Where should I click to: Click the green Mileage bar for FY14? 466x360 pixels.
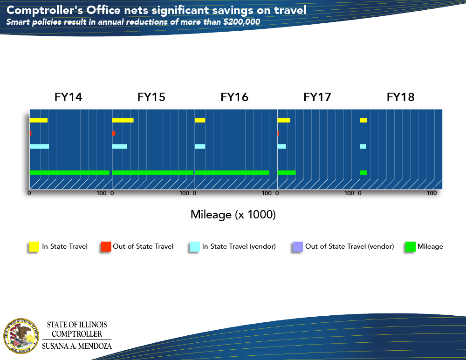69,173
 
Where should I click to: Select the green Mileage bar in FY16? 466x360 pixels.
232,173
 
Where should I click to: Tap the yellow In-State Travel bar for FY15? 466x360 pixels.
123,120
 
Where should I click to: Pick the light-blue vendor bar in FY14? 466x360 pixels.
39,147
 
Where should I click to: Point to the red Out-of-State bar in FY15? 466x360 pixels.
114,133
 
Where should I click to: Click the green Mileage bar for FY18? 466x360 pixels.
363,173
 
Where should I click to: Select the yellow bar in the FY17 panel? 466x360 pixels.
283,120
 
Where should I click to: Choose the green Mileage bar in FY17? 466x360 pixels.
286,173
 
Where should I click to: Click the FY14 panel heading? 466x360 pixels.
69,97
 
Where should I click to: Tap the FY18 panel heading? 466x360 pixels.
400,97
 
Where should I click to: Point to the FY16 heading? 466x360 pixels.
234,97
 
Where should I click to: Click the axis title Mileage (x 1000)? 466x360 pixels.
233,215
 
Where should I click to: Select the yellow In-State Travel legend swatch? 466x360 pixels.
34,247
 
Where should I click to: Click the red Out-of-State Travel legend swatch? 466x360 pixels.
106,247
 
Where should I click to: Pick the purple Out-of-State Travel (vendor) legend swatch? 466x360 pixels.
296,247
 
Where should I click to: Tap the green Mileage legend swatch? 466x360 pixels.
410,247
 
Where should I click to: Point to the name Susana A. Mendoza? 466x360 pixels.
77,346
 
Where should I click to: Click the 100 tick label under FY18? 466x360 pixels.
432,193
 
